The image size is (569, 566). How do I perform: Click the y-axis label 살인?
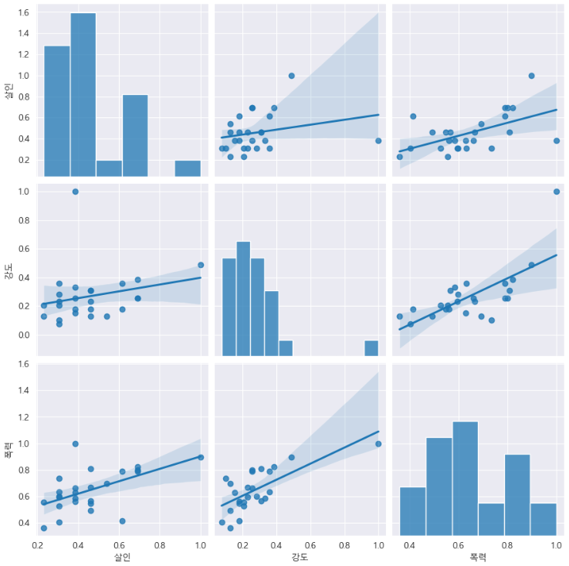click(9, 92)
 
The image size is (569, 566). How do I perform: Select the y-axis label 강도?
click(9, 270)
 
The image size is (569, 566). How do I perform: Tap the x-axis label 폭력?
click(479, 557)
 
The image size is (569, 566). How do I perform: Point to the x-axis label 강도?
click(300, 557)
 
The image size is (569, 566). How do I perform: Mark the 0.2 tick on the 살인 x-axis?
click(38, 544)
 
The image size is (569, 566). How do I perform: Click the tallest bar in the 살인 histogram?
click(83, 94)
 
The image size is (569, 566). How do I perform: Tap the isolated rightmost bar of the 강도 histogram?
click(371, 347)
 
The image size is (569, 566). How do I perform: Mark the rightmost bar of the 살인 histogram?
click(187, 168)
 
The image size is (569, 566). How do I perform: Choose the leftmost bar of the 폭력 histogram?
click(412, 510)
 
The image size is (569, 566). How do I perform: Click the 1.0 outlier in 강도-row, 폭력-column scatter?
click(556, 191)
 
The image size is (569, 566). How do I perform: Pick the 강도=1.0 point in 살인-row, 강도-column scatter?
click(378, 141)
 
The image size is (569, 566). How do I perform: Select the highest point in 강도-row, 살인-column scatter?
click(75, 191)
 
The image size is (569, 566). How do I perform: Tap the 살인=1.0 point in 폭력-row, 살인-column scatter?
click(201, 457)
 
